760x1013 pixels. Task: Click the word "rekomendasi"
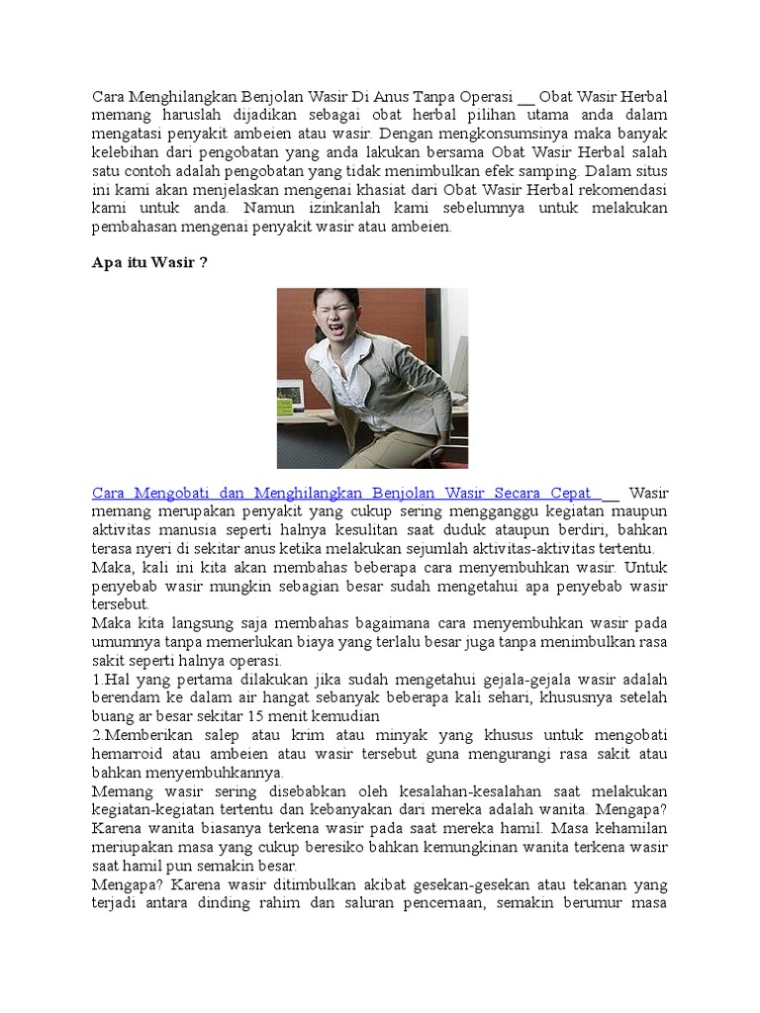coord(620,190)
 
